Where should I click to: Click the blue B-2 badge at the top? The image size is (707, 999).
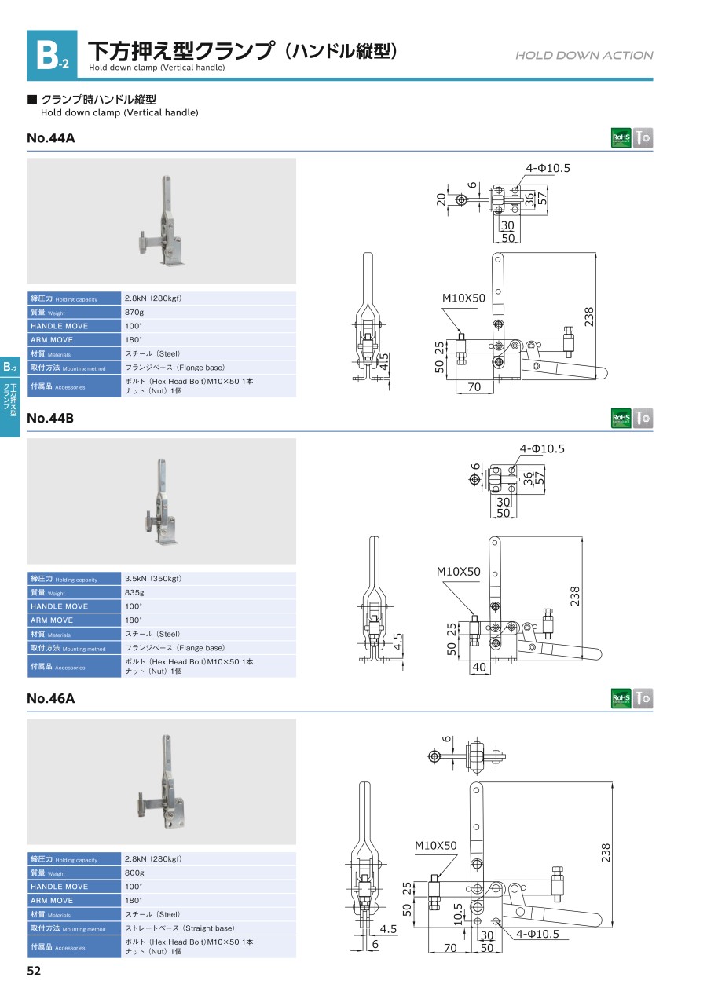coord(52,55)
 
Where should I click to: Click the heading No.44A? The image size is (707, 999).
coord(51,138)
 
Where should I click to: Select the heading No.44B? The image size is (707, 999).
coord(50,419)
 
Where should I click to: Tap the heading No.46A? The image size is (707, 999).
coord(51,698)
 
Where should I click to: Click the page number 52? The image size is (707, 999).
coord(34,971)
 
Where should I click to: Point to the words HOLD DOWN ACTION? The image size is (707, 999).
coord(584,55)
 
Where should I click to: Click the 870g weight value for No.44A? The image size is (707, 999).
coord(135,313)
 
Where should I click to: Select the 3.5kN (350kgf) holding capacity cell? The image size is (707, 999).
coord(153,579)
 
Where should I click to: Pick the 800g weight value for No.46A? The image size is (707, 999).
coord(135,873)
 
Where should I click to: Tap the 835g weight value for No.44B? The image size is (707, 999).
coord(135,593)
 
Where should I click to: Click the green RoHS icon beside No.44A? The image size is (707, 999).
coord(621,138)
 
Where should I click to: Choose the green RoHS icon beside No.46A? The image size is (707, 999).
coord(621,698)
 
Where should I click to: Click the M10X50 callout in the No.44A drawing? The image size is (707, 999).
coord(463,298)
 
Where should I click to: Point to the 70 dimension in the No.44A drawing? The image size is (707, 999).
coord(474,386)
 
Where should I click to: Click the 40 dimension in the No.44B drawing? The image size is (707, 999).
coord(479,667)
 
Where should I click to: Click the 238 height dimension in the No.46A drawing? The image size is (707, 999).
coord(606,853)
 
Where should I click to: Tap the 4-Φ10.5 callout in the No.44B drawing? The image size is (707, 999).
coord(542,449)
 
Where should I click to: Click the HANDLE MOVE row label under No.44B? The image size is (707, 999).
coord(60,606)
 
